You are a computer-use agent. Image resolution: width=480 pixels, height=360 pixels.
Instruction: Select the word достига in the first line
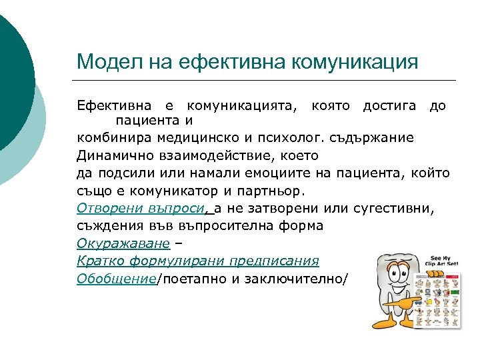pos(389,105)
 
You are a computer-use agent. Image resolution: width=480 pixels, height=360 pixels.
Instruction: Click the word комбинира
pos(113,138)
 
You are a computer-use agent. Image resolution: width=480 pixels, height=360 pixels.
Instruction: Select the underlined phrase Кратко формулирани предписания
pos(197,261)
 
